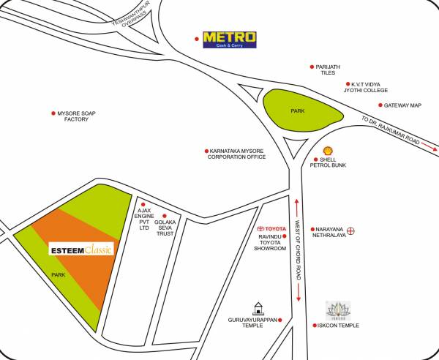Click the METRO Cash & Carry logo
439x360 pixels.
(230, 38)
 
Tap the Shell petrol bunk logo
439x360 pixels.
(317, 149)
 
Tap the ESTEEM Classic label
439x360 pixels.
(80, 250)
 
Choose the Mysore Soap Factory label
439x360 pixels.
(75, 116)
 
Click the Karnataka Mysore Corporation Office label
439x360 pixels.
(236, 154)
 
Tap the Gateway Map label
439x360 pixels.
(402, 105)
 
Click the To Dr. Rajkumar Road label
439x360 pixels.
(391, 130)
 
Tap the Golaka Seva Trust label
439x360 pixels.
(166, 223)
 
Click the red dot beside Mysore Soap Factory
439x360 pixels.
(52, 113)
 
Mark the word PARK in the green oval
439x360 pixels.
(298, 111)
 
